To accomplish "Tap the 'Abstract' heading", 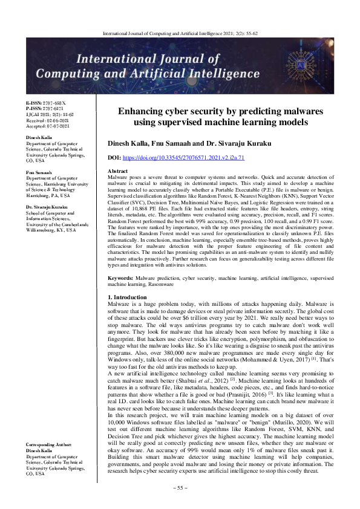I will point(117,172).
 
